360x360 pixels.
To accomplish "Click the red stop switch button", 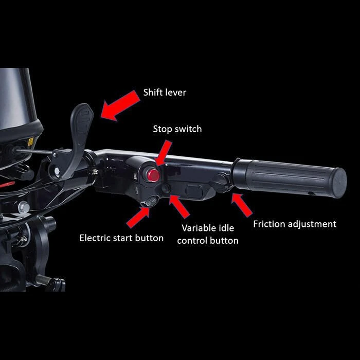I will [153, 175].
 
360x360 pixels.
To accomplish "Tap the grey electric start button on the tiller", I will [150, 202].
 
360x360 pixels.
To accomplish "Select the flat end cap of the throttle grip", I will [338, 182].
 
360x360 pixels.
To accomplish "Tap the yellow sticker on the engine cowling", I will [30, 141].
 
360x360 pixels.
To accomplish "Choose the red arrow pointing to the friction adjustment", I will [241, 205].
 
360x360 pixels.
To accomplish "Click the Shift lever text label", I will [165, 93].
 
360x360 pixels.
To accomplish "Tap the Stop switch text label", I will [177, 129].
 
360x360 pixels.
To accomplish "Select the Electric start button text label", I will [121, 238].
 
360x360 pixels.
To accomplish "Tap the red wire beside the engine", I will [6, 183].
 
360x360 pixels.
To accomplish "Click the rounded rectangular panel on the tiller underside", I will [194, 191].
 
